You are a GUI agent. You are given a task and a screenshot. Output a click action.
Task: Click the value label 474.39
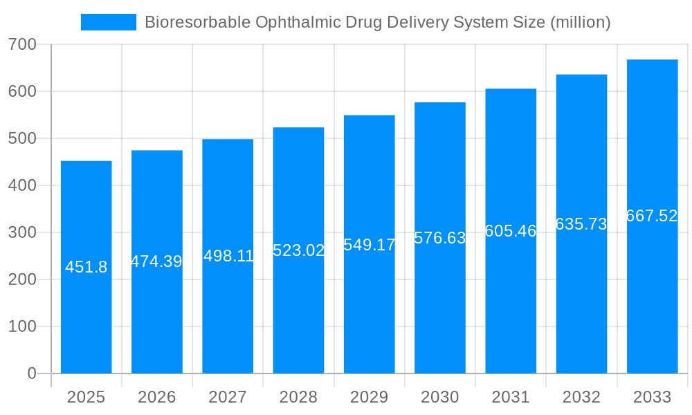click(x=156, y=261)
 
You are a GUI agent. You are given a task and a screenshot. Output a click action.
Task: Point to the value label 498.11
click(x=228, y=256)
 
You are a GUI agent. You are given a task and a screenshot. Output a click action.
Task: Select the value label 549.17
click(x=370, y=245)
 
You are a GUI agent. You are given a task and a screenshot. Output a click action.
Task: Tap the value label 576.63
click(x=440, y=238)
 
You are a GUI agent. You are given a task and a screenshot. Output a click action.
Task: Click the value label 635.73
click(x=581, y=224)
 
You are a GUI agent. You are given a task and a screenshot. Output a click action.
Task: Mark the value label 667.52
click(x=652, y=216)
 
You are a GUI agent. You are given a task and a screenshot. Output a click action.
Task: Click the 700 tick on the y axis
click(x=22, y=44)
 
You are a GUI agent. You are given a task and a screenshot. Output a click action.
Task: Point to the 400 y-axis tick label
click(x=22, y=185)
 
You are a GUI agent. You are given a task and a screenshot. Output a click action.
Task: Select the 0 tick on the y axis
click(x=32, y=373)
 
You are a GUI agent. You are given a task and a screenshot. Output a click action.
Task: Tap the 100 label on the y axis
click(x=22, y=326)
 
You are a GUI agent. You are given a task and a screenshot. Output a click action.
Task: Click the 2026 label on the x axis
click(x=156, y=397)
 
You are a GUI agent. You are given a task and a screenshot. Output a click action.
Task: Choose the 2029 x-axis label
click(x=370, y=397)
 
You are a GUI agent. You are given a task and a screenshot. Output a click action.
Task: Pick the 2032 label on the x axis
click(x=581, y=397)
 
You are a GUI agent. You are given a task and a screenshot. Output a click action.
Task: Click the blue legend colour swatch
click(x=109, y=22)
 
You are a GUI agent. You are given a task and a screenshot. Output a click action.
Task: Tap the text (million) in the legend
click(x=580, y=22)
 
